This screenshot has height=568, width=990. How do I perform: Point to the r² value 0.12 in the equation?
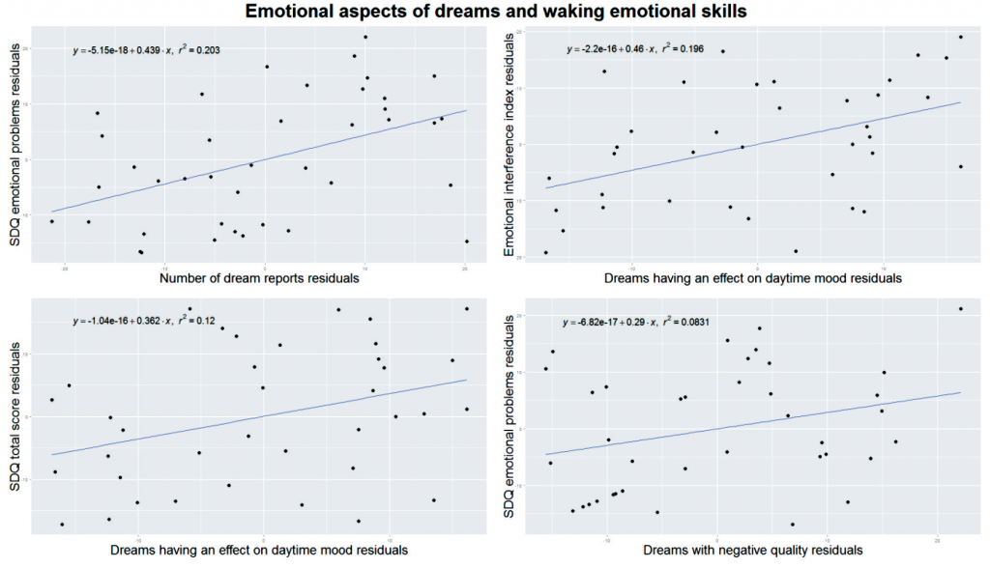(x=207, y=322)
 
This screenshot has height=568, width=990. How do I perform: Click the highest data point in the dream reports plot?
(x=365, y=37)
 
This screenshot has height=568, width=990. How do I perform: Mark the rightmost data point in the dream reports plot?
(x=467, y=241)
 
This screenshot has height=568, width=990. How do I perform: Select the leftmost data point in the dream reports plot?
(x=52, y=221)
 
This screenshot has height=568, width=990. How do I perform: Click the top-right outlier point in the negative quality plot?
(x=960, y=309)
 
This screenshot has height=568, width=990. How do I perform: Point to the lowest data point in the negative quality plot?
(x=793, y=525)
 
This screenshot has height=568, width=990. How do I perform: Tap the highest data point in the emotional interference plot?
(x=960, y=37)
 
